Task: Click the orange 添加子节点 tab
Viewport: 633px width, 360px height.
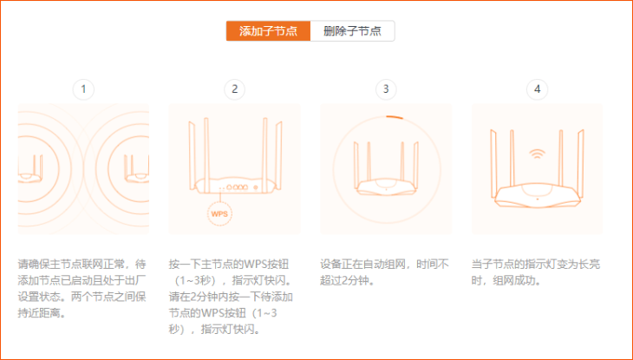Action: (268, 31)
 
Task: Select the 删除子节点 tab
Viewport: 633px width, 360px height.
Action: (352, 31)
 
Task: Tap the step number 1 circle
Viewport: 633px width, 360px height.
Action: (83, 89)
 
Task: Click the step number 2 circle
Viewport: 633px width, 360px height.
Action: (234, 89)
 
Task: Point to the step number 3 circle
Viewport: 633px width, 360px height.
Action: (386, 89)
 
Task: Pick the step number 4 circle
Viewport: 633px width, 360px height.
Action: (537, 89)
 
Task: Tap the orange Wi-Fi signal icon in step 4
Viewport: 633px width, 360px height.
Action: (537, 155)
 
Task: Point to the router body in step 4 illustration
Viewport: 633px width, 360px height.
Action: (537, 193)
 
